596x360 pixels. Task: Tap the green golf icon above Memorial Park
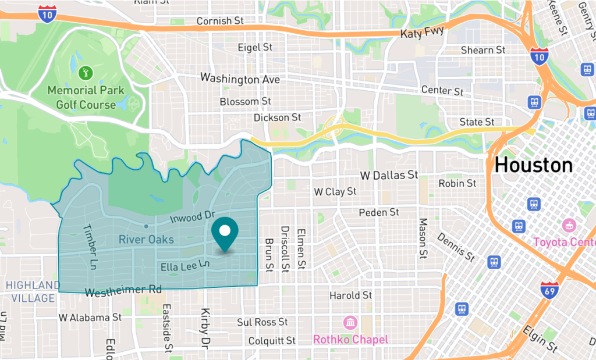click(86, 73)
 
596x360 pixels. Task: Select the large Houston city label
click(533, 166)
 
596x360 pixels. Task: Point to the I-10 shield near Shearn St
click(538, 56)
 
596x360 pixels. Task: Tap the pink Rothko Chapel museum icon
click(350, 322)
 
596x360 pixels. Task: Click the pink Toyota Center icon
click(569, 224)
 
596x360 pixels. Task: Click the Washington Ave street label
click(240, 79)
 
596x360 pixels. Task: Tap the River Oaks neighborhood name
click(146, 239)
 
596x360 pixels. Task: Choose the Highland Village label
click(30, 291)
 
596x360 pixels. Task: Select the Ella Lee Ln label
click(185, 266)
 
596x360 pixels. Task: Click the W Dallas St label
click(389, 174)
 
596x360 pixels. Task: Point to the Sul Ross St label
click(262, 322)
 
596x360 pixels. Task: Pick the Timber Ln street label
click(90, 247)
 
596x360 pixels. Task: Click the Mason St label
click(423, 238)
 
